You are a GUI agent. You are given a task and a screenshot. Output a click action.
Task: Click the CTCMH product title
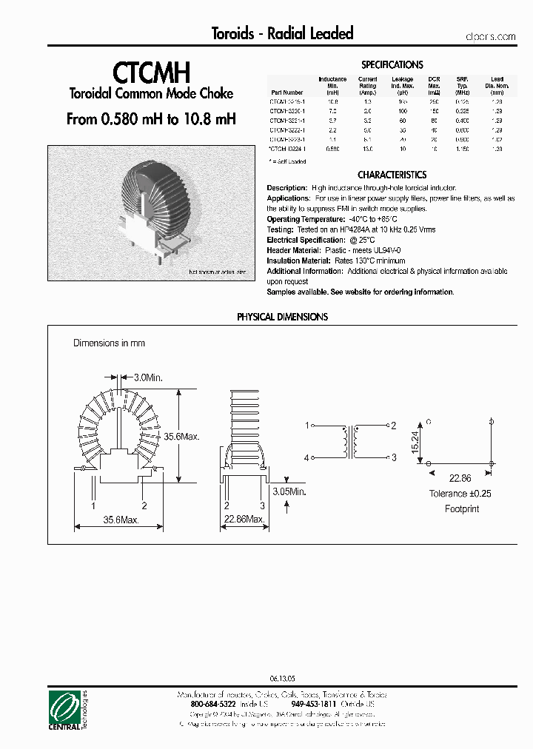point(152,72)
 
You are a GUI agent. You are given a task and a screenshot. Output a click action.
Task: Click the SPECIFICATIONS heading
point(392,65)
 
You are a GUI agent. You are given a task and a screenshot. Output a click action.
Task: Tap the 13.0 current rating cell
point(368,150)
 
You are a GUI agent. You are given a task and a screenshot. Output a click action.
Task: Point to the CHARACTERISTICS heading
point(392,175)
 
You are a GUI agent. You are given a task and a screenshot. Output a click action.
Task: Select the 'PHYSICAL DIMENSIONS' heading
point(282,317)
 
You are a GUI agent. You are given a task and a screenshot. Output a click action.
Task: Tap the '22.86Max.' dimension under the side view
point(244,520)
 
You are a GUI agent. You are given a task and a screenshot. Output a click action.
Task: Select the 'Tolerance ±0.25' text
point(460,494)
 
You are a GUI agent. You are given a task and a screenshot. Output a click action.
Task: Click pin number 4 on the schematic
point(306,458)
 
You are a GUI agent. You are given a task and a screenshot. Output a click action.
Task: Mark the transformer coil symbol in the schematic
point(349,442)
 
